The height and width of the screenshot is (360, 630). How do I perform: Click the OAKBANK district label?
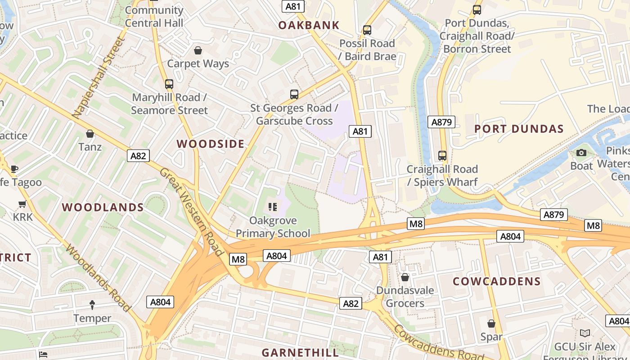point(308,25)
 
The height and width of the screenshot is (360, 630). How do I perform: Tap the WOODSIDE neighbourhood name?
point(211,144)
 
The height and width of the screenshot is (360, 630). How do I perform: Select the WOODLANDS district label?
point(103,207)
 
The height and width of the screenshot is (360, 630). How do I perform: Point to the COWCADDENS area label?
point(496,282)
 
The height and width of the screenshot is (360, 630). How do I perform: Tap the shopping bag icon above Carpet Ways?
point(198,50)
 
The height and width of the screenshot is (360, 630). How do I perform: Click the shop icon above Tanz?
point(90,134)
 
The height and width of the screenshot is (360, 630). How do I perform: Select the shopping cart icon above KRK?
point(22,204)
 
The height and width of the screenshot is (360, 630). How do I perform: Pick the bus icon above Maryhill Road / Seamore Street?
point(169,84)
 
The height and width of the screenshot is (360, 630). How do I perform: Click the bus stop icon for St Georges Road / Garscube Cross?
point(294,94)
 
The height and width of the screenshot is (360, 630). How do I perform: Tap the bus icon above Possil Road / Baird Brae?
point(367,30)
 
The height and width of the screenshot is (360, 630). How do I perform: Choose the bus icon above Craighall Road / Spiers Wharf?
point(442,156)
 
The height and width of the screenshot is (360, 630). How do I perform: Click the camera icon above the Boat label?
point(581,153)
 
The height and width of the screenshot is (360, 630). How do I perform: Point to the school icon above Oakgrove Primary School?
point(272,207)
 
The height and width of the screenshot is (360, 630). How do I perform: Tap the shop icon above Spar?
point(491,324)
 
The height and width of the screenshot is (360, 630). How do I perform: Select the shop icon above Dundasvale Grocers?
point(405,277)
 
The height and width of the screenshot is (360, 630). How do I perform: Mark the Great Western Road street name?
point(191,211)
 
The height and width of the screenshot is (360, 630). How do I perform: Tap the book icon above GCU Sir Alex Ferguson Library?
point(585,333)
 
